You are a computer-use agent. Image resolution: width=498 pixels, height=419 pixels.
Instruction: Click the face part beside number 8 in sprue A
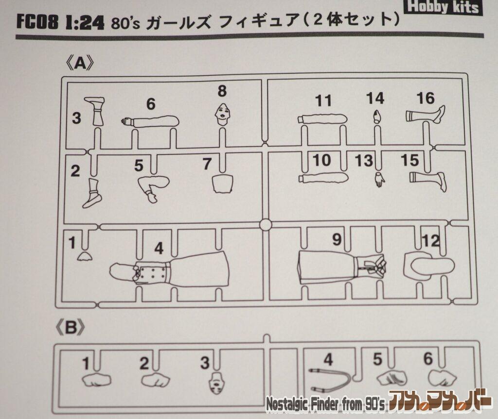tap(222, 114)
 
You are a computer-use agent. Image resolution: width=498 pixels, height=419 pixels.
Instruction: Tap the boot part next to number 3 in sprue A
tap(95, 111)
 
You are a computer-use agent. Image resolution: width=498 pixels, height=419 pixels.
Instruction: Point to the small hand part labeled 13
tap(378, 180)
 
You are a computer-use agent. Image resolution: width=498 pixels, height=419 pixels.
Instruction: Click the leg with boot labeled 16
tap(426, 115)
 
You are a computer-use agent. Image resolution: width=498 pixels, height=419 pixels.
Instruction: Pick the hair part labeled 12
tap(429, 266)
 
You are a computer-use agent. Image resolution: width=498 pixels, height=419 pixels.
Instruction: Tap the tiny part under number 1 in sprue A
tap(87, 256)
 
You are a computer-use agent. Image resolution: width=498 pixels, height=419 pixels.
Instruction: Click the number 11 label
tap(323, 101)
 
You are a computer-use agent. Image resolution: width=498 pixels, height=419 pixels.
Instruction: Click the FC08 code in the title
tap(37, 23)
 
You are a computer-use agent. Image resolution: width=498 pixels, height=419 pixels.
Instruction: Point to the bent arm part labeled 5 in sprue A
tap(153, 188)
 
